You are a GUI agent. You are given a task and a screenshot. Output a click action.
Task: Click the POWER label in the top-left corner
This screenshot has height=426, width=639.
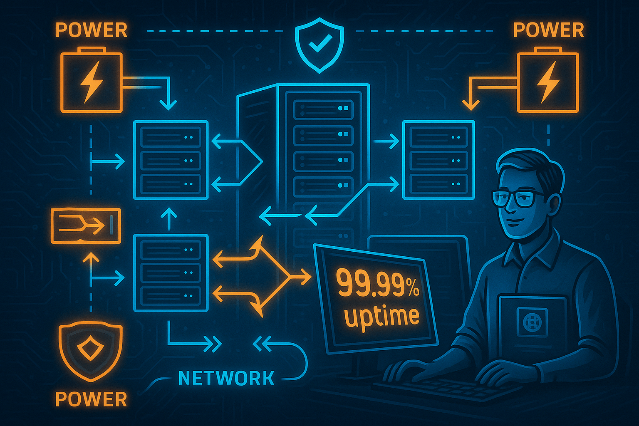pos(91,30)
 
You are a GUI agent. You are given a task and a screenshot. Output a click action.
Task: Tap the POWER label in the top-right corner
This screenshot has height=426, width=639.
pos(548,30)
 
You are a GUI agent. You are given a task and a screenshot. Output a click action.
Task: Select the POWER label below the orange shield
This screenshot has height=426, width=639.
pos(91,399)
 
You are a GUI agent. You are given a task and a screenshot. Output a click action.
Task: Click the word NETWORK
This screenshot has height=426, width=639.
pos(226,378)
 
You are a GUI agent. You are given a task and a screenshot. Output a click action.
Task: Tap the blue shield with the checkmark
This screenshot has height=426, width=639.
pos(319,44)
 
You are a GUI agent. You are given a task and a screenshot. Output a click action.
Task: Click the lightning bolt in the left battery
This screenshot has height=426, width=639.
pos(92,81)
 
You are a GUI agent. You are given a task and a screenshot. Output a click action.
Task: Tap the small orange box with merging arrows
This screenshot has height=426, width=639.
pos(86,225)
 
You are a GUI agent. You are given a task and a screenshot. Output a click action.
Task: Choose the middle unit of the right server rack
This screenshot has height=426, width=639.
pos(438,160)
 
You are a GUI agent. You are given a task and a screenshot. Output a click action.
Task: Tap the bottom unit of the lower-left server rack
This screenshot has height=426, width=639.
pos(171,296)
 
